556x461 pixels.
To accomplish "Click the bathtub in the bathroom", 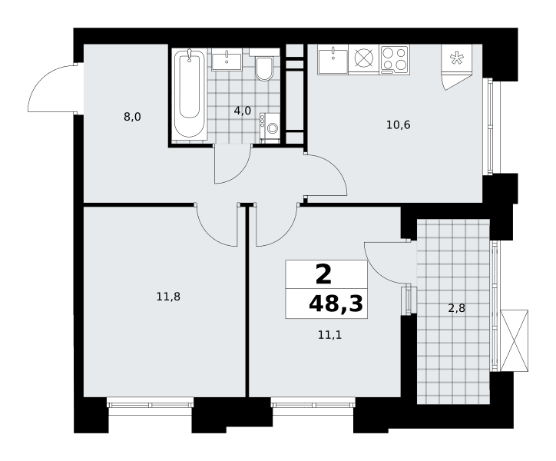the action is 189,94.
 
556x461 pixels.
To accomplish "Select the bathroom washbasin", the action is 227,61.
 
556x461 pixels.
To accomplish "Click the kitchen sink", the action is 333,59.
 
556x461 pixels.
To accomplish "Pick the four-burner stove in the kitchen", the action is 394,59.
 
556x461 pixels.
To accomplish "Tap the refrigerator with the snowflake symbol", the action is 457,59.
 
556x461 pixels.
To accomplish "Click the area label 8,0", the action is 132,117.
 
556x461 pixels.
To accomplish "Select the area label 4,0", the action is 243,111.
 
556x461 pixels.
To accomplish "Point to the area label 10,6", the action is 399,125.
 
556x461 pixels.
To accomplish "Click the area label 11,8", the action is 168,297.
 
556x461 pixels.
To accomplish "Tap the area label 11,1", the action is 329,335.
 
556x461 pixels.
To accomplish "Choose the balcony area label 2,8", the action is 456,308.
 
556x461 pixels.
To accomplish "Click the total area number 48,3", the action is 336,303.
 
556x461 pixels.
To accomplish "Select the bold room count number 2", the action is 323,275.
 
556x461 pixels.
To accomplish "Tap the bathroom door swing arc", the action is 239,172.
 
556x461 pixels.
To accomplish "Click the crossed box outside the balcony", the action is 514,340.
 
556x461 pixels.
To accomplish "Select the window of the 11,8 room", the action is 151,404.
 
